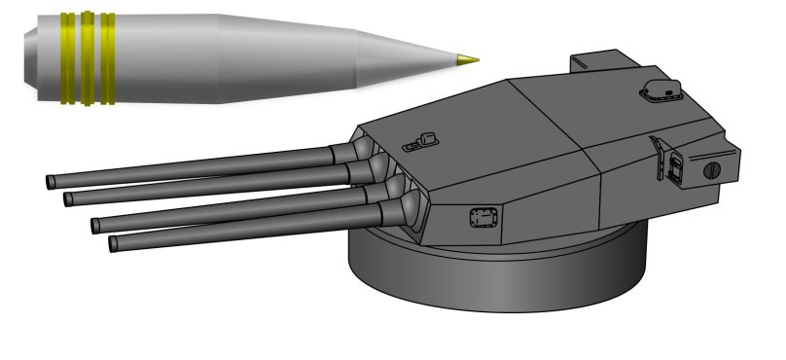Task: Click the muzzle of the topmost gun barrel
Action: point(50,182)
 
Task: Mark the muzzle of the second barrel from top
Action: point(68,199)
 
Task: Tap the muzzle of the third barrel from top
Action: point(95,226)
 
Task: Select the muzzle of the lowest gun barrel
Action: point(114,243)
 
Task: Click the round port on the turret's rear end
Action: point(710,169)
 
